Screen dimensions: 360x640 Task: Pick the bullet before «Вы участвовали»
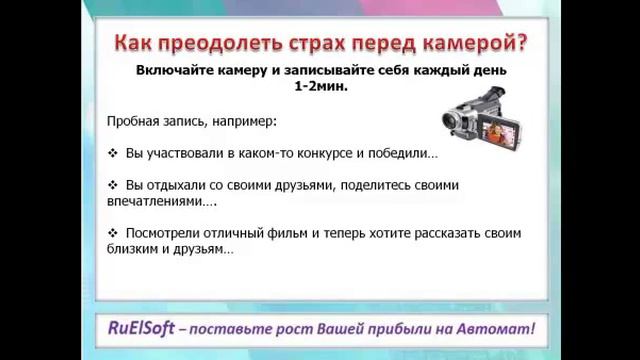pos(112,154)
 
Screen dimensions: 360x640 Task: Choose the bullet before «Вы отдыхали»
pos(112,186)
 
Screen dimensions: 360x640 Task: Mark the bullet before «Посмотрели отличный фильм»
pos(112,234)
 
